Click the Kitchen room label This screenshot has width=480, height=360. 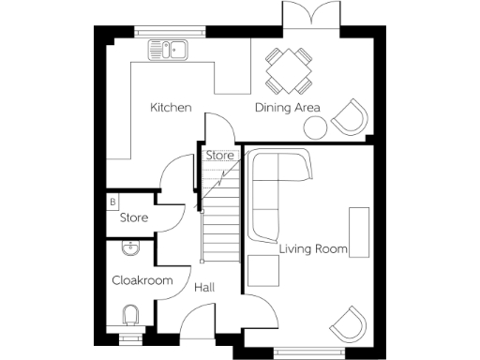171,108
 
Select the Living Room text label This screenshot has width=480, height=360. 313,249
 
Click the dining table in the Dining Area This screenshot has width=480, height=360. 288,68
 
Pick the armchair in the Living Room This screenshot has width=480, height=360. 349,323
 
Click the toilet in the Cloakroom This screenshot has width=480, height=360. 131,315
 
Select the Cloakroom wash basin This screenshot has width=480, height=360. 130,248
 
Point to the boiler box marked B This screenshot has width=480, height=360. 112,201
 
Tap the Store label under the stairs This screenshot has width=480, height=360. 219,156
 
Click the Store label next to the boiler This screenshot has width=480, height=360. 134,217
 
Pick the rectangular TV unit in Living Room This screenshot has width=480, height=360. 359,231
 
